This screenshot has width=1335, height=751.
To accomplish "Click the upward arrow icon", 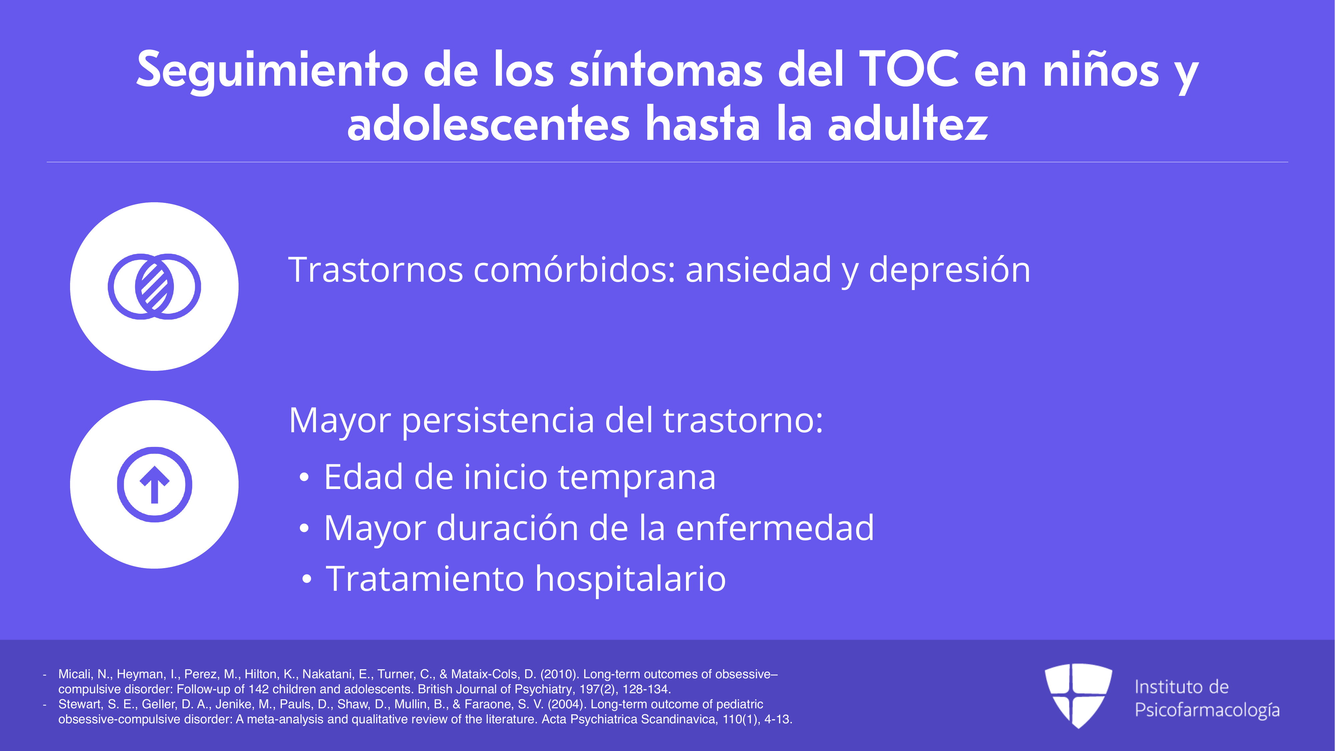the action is pos(154,484).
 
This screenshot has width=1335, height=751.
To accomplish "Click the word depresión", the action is pos(949,271).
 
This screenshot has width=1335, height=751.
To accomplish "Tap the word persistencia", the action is pos(498,421).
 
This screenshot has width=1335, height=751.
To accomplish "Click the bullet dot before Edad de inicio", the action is pos(304,478).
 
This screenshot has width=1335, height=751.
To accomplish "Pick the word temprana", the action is pos(637,478).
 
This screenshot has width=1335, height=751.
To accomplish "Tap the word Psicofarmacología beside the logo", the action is pos(1207,710).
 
